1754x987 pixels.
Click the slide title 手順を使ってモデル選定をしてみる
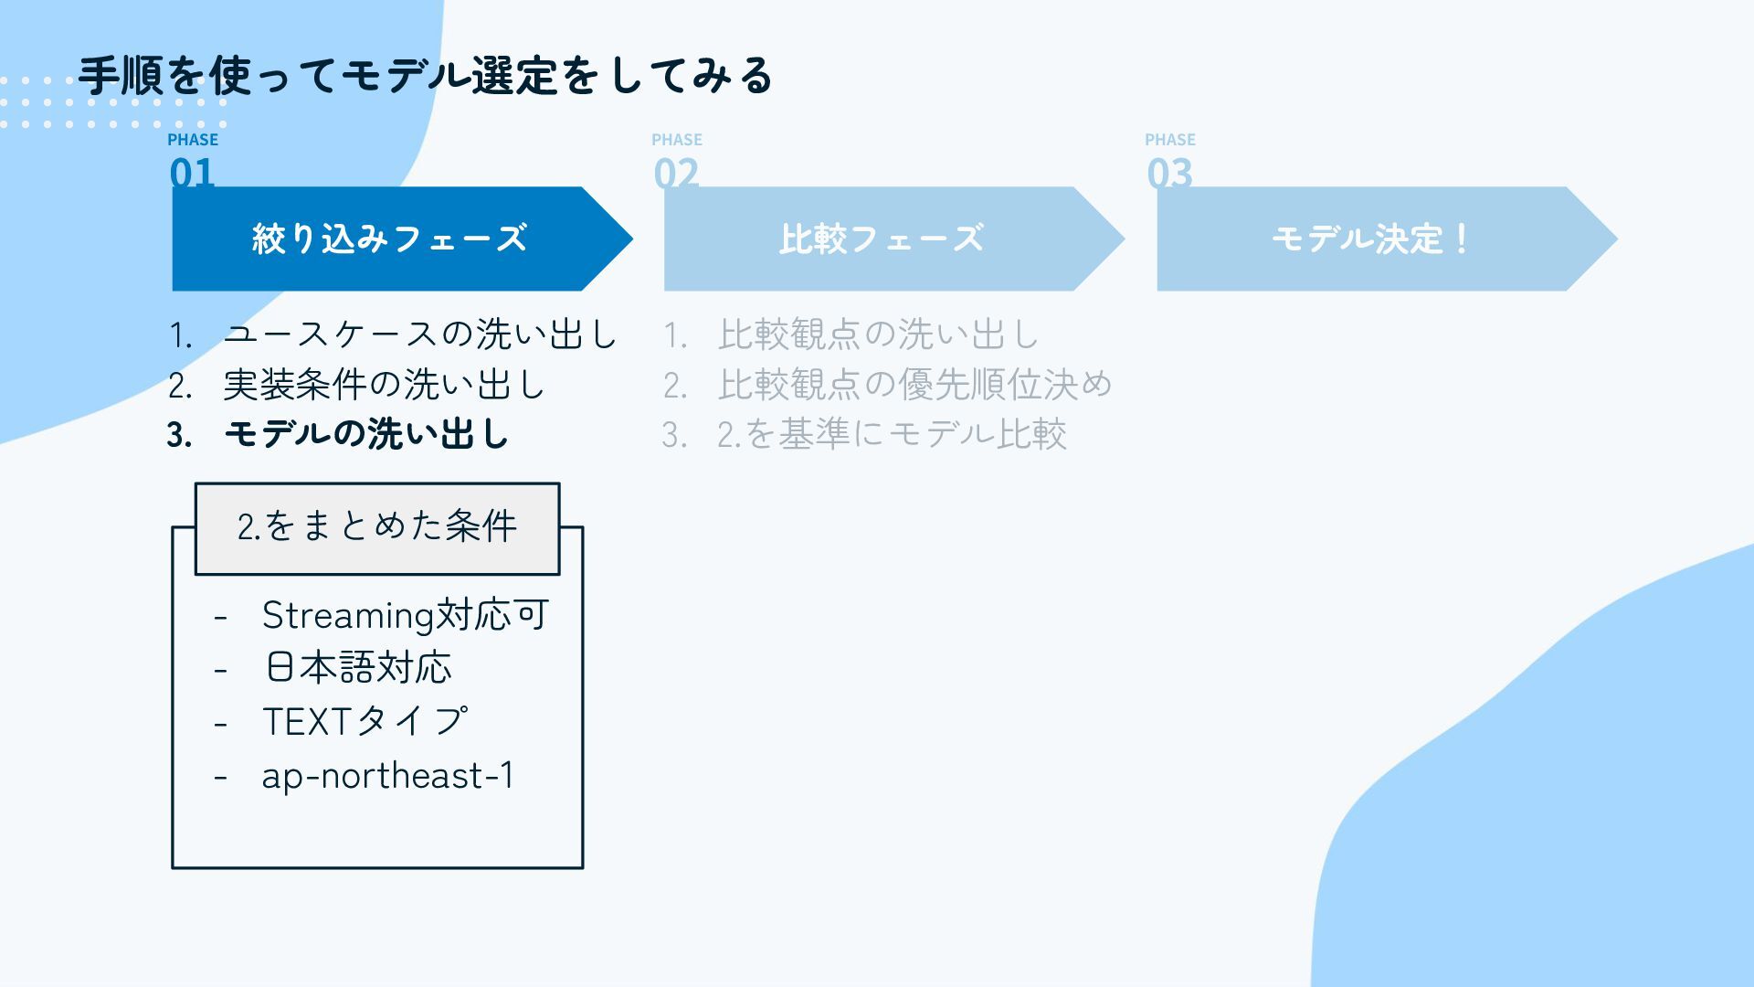click(426, 76)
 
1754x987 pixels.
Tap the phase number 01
click(192, 172)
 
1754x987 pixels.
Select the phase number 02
click(676, 172)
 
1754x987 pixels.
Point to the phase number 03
click(1169, 172)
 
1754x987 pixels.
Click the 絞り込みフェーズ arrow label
click(389, 239)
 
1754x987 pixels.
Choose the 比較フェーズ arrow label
click(881, 239)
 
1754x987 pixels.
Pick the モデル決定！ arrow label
click(1370, 239)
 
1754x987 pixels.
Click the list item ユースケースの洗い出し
click(420, 334)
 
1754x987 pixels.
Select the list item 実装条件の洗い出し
click(384, 385)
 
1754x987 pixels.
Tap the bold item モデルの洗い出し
click(365, 434)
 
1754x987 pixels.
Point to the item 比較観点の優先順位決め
click(914, 385)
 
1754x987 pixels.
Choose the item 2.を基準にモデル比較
click(892, 434)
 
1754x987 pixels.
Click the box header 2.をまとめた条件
click(377, 527)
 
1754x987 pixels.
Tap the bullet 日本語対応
click(358, 668)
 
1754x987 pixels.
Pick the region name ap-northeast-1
click(388, 776)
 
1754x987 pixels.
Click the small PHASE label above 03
click(1170, 140)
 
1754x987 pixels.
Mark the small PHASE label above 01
click(193, 140)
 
